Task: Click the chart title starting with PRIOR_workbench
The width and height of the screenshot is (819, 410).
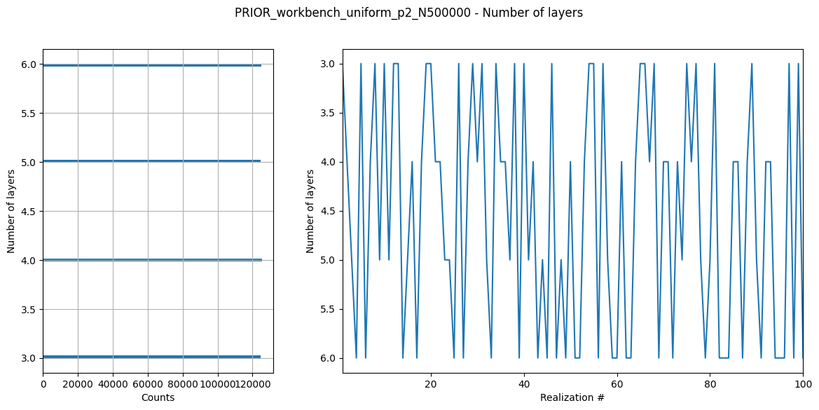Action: coord(408,13)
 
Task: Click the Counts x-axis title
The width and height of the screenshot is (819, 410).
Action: coord(158,397)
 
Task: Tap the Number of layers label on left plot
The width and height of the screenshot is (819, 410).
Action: coord(11,211)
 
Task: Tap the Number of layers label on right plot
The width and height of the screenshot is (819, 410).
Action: coord(310,211)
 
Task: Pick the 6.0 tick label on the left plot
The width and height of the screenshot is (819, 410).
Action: coord(28,64)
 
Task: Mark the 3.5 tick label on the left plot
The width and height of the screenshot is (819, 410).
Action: coord(28,309)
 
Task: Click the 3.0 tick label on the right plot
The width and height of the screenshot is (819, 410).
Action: coord(327,64)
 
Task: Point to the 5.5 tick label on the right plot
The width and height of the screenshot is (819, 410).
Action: coord(327,309)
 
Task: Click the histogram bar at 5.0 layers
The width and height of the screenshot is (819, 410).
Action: coord(151,161)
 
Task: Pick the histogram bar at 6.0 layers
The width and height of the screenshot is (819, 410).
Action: coord(151,65)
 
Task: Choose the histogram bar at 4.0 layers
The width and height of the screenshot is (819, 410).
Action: coord(151,260)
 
